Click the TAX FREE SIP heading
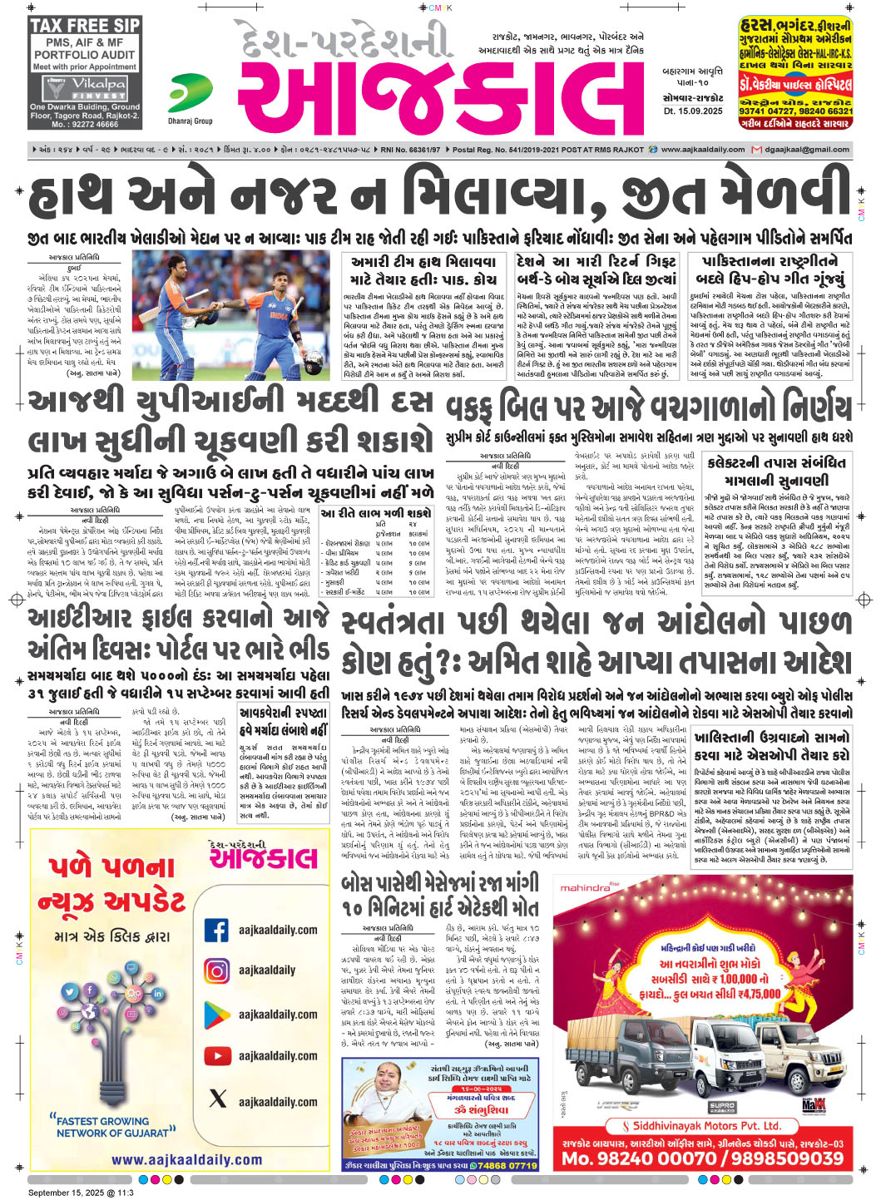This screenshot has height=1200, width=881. (x=84, y=26)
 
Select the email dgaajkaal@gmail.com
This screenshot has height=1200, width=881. (x=806, y=150)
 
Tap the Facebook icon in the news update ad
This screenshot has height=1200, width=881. (x=217, y=930)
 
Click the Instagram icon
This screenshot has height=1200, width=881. (x=217, y=970)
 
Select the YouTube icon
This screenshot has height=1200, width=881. (x=217, y=1055)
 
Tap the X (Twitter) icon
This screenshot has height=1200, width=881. (x=217, y=1099)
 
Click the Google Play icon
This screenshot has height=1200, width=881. (x=217, y=1014)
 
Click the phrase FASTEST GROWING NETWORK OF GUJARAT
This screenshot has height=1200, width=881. (x=112, y=1127)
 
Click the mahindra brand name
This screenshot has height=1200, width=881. (x=584, y=888)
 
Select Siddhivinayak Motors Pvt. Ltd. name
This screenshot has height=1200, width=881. (x=706, y=1126)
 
